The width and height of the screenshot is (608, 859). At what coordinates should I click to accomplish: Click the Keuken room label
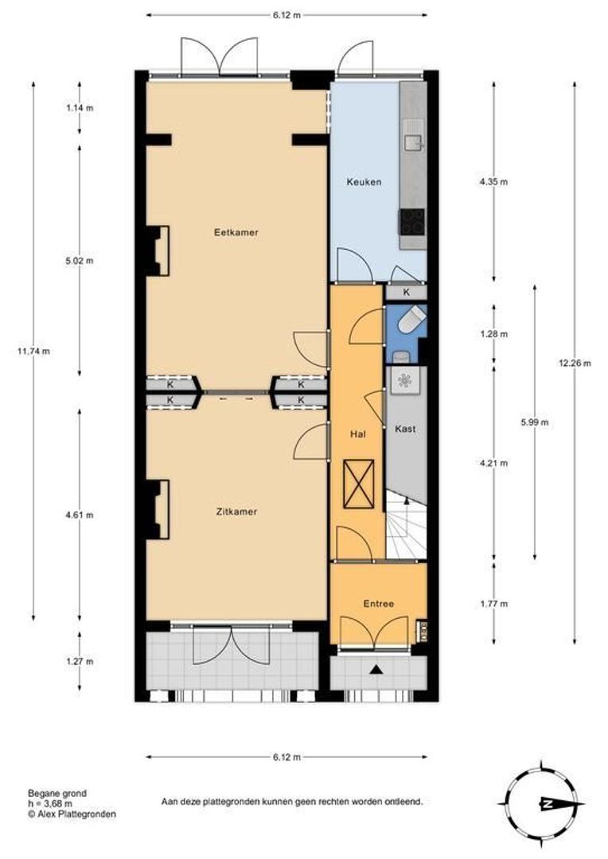point(364,182)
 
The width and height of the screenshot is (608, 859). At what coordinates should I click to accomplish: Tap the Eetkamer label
point(236,232)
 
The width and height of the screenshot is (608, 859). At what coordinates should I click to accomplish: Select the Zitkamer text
point(236,511)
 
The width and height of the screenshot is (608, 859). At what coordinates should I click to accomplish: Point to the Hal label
point(358,434)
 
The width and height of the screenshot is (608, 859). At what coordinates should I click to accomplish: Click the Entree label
point(378,604)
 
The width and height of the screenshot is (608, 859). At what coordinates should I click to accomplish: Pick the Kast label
point(405,429)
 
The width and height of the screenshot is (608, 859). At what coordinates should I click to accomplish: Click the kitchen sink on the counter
point(413,142)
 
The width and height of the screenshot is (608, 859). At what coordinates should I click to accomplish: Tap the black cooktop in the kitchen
point(412,222)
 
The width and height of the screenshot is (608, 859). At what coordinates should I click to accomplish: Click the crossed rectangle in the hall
point(359,484)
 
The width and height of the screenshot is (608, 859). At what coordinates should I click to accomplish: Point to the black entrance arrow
point(376,669)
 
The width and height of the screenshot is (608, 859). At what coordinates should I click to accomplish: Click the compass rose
point(542,803)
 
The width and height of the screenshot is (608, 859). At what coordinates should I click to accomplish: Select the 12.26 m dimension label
point(575,363)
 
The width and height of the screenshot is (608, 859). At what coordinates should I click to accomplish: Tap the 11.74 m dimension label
point(33,352)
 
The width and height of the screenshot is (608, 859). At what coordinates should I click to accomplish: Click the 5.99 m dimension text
point(535,422)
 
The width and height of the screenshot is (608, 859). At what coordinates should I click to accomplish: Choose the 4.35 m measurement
point(493,182)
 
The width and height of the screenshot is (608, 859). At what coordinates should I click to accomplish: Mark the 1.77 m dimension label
point(493,604)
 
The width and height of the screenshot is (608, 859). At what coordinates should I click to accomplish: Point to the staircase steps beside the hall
point(406,524)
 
